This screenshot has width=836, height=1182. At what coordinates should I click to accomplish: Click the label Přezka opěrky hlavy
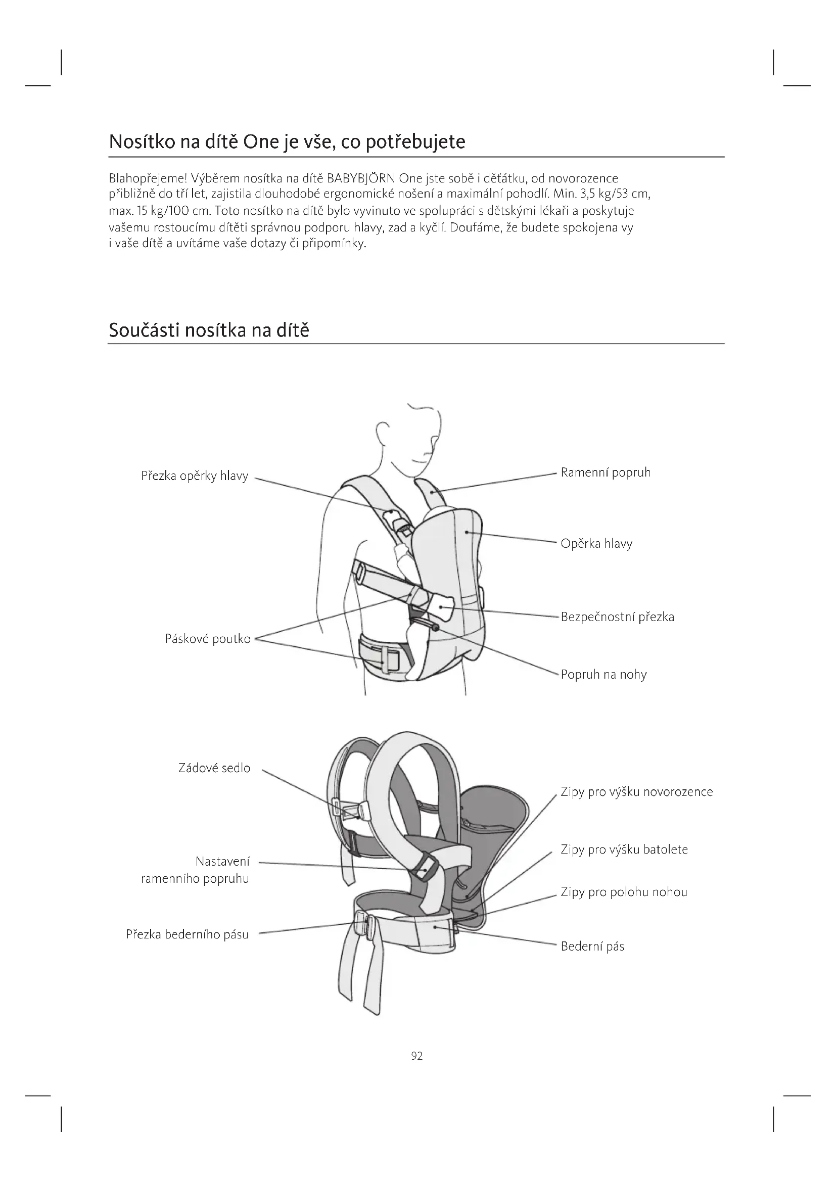195,476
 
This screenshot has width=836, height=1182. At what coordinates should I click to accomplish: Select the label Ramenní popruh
606,472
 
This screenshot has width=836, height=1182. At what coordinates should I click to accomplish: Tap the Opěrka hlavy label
596,544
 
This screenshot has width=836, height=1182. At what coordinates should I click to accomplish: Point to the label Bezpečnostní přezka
617,617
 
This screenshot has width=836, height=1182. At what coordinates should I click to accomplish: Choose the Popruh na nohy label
603,675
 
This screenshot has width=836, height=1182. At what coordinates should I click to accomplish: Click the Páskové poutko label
207,639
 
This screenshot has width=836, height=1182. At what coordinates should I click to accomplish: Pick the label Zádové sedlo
214,768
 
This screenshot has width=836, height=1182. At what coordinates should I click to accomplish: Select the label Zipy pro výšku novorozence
637,792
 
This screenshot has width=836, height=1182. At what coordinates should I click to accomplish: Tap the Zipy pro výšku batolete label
624,849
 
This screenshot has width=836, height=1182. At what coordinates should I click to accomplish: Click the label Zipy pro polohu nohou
624,892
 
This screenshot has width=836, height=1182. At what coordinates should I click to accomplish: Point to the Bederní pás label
592,946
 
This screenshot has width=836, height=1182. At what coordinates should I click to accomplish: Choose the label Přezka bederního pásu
187,934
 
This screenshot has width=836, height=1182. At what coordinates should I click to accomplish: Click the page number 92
417,1056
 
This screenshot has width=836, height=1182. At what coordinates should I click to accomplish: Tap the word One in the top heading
260,141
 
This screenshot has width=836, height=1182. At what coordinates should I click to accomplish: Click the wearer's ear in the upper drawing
383,432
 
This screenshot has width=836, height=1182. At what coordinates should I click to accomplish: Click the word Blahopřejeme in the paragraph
148,178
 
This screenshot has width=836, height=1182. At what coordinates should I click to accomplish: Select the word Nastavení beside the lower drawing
222,861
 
